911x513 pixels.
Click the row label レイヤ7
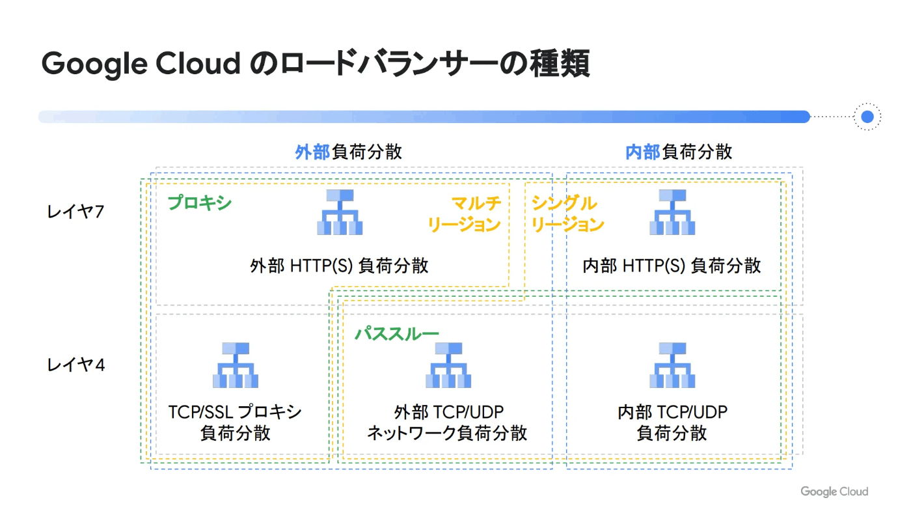click(x=75, y=212)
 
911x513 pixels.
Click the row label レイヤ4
click(x=76, y=365)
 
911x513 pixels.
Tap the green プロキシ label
click(x=199, y=202)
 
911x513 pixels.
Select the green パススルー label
click(x=396, y=334)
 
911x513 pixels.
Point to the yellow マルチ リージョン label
click(x=464, y=214)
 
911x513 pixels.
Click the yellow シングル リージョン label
click(x=567, y=214)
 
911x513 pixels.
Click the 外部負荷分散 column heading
click(x=349, y=152)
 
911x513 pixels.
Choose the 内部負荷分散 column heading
click(x=679, y=152)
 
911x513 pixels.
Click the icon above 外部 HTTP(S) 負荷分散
click(x=340, y=212)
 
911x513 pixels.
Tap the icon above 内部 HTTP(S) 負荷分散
click(x=672, y=212)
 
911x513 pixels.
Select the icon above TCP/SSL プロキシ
click(x=236, y=365)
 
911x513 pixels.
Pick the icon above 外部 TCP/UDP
click(x=448, y=365)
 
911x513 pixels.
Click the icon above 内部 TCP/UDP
click(x=672, y=365)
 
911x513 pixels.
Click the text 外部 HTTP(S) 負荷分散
click(x=339, y=266)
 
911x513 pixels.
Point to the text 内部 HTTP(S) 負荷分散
click(x=672, y=266)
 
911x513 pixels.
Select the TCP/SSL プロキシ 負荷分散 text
click(x=235, y=423)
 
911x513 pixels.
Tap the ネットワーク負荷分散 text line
click(x=448, y=433)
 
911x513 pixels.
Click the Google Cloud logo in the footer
click(x=834, y=492)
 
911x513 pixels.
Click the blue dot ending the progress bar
click(x=867, y=117)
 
